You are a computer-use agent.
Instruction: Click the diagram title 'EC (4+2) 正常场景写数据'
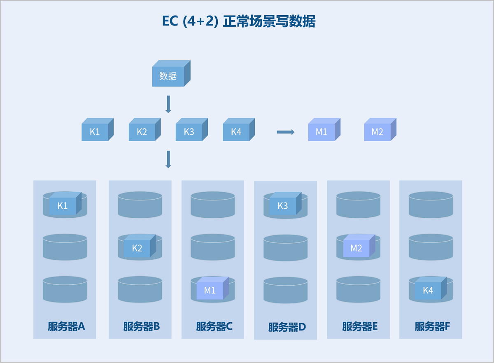[x=239, y=21]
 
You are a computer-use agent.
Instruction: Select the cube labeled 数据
[x=171, y=73]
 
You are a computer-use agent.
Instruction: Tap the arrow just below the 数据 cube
[x=168, y=104]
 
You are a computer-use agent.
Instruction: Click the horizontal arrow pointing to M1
[x=286, y=132]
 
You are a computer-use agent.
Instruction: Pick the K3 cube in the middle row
[x=192, y=130]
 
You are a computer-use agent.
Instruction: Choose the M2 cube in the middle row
[x=380, y=130]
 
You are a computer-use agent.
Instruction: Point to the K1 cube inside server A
[x=65, y=203]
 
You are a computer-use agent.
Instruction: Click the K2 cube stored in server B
[x=140, y=246]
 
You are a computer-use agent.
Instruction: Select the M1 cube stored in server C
[x=212, y=288]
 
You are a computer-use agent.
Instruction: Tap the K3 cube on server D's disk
[x=285, y=203]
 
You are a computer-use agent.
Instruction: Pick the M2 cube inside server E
[x=359, y=246]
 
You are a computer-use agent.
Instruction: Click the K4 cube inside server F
[x=431, y=288]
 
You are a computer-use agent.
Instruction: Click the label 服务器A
[x=66, y=326]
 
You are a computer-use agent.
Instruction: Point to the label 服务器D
[x=287, y=327]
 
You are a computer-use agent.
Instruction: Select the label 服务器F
[x=432, y=326]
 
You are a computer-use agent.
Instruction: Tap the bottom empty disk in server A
[x=65, y=289]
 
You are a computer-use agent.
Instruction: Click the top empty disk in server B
[x=140, y=205]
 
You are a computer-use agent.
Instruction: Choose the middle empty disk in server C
[x=212, y=247]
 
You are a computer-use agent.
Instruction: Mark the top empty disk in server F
[x=431, y=205]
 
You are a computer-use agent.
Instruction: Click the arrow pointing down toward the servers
[x=168, y=159]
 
